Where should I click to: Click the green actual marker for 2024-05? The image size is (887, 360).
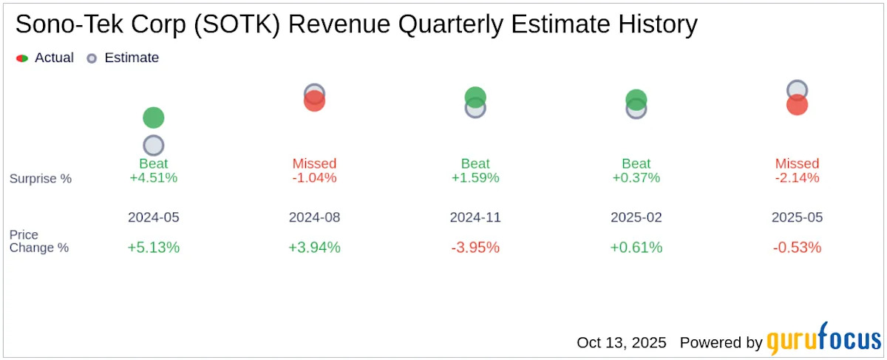[153, 118]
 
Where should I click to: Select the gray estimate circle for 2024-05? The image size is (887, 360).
[153, 146]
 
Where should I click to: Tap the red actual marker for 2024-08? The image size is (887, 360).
[314, 101]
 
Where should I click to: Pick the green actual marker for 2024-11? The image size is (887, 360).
[475, 97]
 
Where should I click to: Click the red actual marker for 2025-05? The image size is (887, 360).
[797, 105]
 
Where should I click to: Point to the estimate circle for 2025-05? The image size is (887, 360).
[797, 90]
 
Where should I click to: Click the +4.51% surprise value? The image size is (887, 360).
[153, 178]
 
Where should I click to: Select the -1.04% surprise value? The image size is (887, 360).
[314, 178]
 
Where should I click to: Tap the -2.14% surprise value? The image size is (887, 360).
[797, 178]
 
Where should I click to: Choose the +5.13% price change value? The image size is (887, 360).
[153, 248]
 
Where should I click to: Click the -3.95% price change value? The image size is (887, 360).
[475, 248]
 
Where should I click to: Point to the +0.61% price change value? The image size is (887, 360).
[636, 248]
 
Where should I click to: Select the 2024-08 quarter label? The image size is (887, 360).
[314, 218]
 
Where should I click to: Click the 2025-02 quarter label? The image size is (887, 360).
[636, 218]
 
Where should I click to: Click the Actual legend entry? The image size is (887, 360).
[45, 58]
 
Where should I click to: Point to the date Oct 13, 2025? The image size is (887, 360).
[621, 343]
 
